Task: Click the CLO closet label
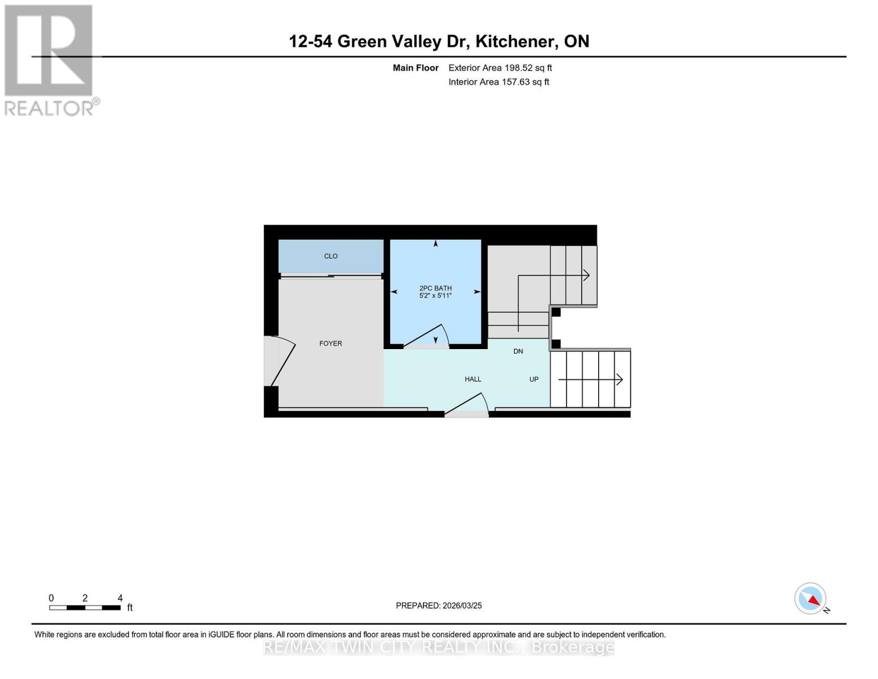(x=331, y=256)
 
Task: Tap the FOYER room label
(x=331, y=343)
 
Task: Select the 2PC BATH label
(x=435, y=288)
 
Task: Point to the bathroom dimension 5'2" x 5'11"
(x=435, y=295)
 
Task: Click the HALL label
(x=473, y=379)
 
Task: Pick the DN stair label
(x=518, y=351)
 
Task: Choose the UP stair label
(x=534, y=379)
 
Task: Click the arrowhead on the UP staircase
(x=620, y=380)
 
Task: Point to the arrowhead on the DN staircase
(x=587, y=276)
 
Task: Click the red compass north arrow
(x=814, y=600)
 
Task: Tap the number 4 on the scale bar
(x=120, y=598)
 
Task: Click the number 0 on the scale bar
(x=51, y=598)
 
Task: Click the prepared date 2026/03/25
(x=462, y=605)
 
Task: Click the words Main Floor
(x=416, y=68)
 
